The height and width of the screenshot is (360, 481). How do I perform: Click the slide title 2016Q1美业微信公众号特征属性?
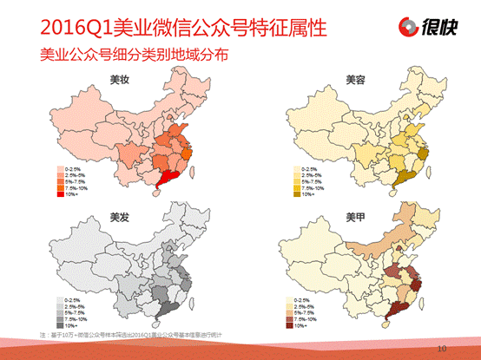pos(173,26)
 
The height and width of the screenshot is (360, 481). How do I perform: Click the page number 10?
pos(443,348)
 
